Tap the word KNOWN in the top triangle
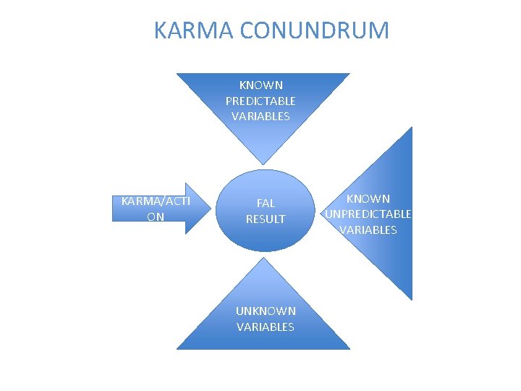coord(261,85)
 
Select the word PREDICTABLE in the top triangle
coord(260,101)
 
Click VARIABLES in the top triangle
coord(260,116)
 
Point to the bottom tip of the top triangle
coord(263,163)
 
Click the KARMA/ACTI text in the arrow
coord(156,201)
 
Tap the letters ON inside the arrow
coord(155,216)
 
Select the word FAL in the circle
coord(266,203)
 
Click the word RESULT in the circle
coord(266,219)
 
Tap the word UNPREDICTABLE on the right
coord(368,214)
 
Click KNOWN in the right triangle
coord(368,198)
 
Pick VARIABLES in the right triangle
coord(368,230)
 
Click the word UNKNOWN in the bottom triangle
coord(266,311)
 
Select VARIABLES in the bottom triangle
coord(266,327)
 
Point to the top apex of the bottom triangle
coord(264,258)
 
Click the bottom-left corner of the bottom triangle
coord(177,349)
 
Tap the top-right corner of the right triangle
coord(411,127)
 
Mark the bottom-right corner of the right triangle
coord(411,300)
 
